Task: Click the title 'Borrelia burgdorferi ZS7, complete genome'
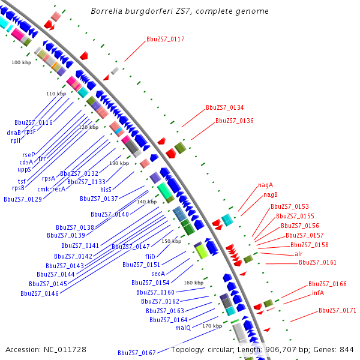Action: tap(179, 11)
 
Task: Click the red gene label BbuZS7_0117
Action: tap(165, 39)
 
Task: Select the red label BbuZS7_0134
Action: tap(224, 108)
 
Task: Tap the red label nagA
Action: tap(265, 185)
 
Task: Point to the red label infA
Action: tap(317, 293)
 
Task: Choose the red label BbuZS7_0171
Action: tap(337, 310)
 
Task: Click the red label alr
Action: tap(298, 254)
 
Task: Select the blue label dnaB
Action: tap(14, 133)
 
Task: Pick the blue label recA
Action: tap(58, 189)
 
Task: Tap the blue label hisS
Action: tap(106, 189)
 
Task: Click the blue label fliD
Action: tap(150, 256)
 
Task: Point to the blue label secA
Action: tap(158, 274)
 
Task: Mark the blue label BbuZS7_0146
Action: tap(40, 293)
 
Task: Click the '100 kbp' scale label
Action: tap(21, 62)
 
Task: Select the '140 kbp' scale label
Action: tap(146, 202)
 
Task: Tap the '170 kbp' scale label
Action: tap(212, 326)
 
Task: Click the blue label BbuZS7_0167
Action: tap(137, 353)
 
